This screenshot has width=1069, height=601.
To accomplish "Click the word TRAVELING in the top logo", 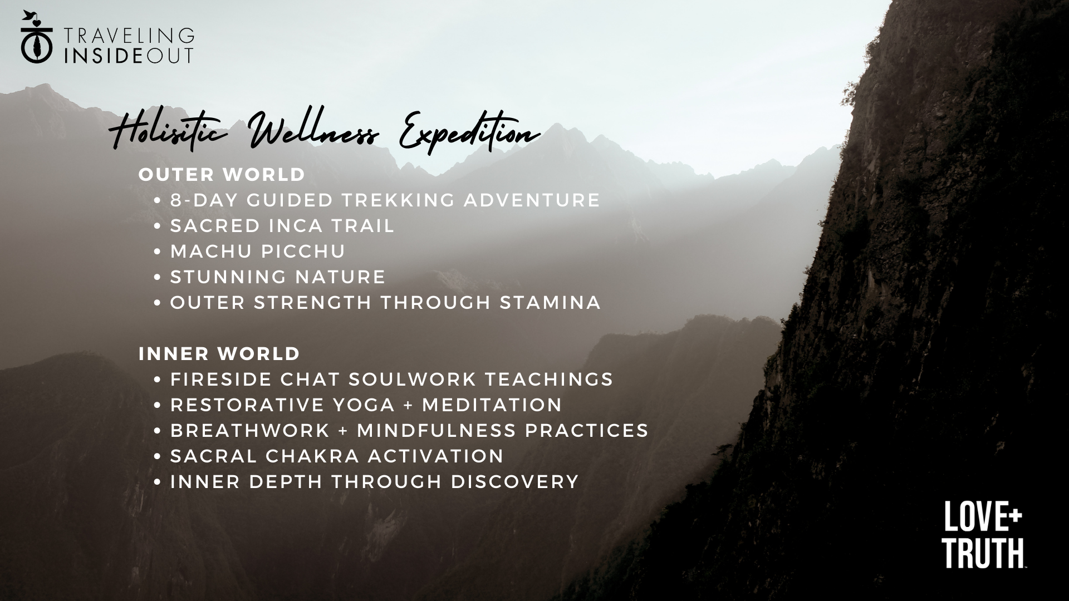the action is (129, 36).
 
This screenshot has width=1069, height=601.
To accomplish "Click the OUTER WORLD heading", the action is (222, 174).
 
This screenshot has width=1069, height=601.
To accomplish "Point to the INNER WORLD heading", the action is (219, 353).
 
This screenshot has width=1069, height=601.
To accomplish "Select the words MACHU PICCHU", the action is (258, 251).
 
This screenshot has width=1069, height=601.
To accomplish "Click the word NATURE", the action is (342, 277).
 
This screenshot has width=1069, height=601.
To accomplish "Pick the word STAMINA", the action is (550, 302).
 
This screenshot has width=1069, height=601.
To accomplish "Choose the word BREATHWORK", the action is (250, 430).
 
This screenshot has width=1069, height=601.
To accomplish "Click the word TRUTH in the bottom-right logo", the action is (983, 553).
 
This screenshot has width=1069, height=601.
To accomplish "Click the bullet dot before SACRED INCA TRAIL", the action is (158, 226).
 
